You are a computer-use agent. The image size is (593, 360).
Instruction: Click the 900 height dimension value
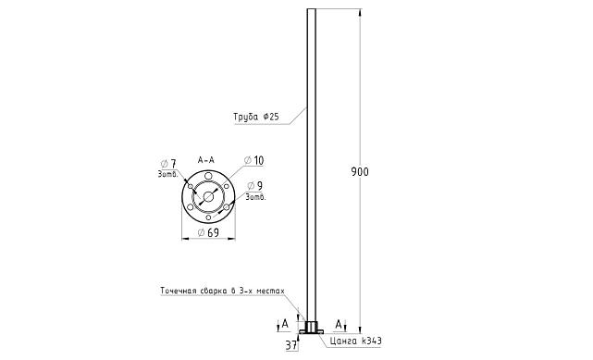coord(360,172)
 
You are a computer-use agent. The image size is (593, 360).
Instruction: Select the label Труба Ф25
coord(256,117)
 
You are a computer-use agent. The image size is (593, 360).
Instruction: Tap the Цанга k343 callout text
coord(355,341)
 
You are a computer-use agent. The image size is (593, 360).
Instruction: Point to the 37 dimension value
coord(290,345)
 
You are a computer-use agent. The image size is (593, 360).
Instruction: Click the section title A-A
coord(206,160)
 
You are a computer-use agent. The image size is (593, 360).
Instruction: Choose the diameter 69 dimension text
coord(208,232)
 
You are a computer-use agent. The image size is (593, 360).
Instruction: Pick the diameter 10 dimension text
coord(253,160)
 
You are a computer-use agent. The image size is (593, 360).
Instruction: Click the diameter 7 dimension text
coord(168,164)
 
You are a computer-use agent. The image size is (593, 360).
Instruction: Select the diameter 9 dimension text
coord(255,186)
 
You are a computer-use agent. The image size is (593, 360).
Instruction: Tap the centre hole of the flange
coord(208,196)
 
